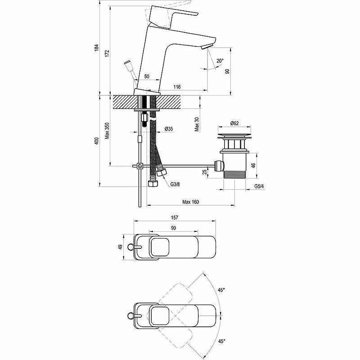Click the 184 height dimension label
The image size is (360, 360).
pos(97,48)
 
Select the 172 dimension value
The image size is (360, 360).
pos(108,53)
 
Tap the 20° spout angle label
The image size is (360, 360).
pos(220,61)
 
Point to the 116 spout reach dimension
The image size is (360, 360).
pos(177,87)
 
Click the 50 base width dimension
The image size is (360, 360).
pos(147,76)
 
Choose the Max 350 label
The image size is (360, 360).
pos(107,131)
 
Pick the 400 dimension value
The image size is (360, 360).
pos(97,141)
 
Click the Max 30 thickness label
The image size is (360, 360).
pos(197,124)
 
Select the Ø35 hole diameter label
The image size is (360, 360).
pos(169,129)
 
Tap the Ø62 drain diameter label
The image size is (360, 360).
pos(234,123)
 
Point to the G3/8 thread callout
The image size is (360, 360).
pos(175,184)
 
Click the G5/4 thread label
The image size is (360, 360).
pos(259,186)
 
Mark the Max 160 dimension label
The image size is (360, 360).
pos(190,202)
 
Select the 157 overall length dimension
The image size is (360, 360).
pos(175,217)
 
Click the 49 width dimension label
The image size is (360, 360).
pos(120,247)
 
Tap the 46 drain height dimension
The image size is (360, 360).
pos(253,165)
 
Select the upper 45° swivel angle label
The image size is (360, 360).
pos(221,290)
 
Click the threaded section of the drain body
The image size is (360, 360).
pos(234,175)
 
